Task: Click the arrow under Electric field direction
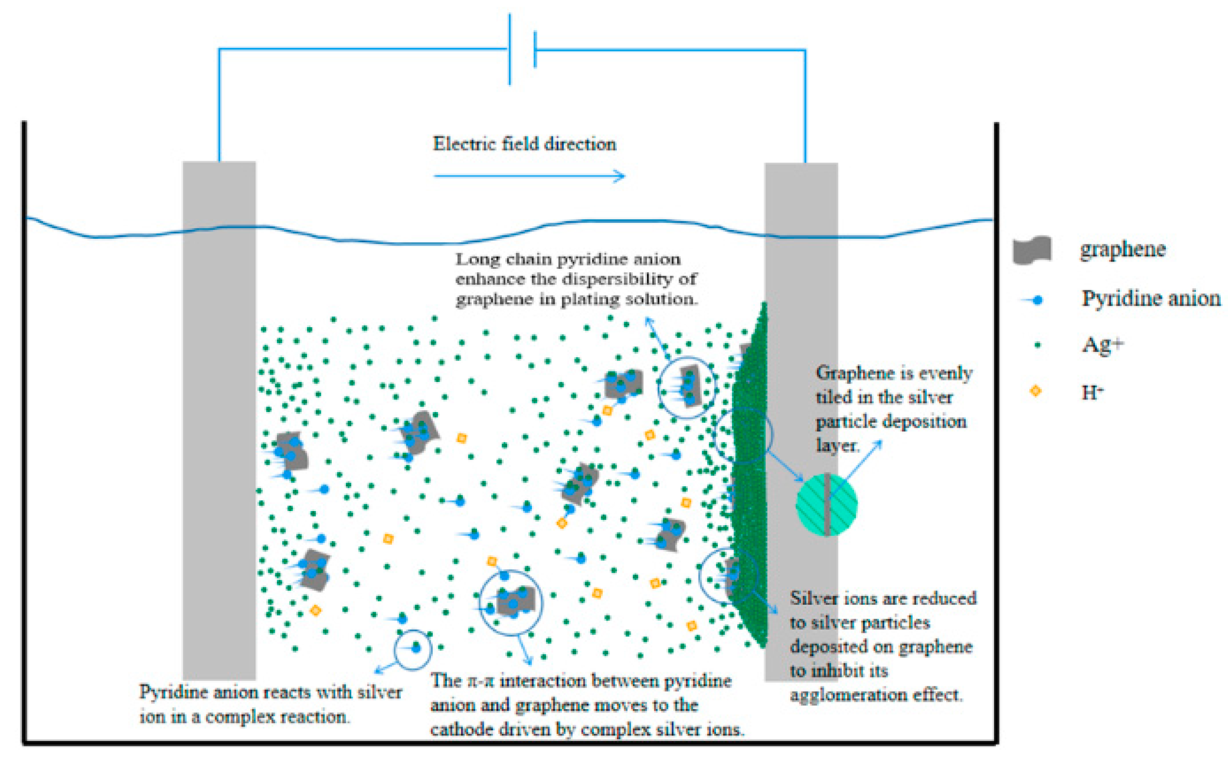tap(529, 176)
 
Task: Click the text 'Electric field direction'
tap(524, 144)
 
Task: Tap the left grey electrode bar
tap(219, 420)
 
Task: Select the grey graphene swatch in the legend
tap(1032, 249)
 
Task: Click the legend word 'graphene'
tap(1122, 249)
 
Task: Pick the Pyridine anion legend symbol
tap(1032, 300)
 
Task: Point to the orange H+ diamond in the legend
tap(1036, 391)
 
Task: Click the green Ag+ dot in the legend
tap(1037, 345)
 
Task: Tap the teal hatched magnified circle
tap(826, 504)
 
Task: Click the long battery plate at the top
tap(510, 49)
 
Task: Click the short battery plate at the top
tap(535, 50)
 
